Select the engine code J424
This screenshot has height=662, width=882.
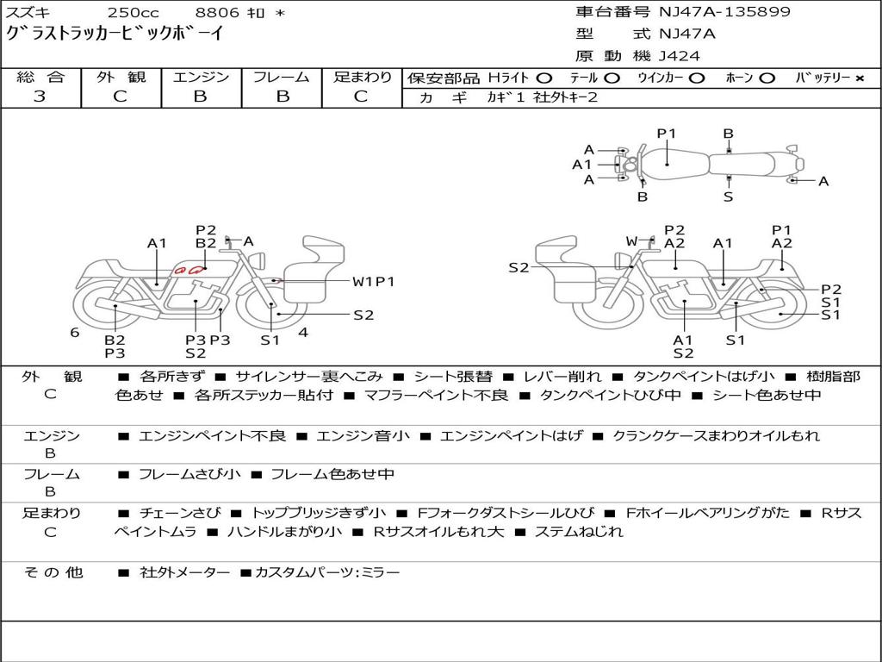pos(680,56)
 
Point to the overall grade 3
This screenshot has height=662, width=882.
pos(40,97)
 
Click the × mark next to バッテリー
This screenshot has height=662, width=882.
pos(859,78)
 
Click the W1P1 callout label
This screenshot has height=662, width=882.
pos(373,281)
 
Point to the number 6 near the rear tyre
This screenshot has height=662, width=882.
pos(75,332)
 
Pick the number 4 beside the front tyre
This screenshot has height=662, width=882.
pos(303,332)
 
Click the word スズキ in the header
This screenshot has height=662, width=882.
pos(28,13)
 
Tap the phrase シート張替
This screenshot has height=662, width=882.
pos(453,377)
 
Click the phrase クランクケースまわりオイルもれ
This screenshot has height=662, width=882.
pos(716,436)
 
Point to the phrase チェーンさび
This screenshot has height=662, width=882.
pos(180,513)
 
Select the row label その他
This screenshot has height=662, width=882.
pos(53,572)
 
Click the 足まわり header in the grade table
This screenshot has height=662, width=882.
pos(362,78)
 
